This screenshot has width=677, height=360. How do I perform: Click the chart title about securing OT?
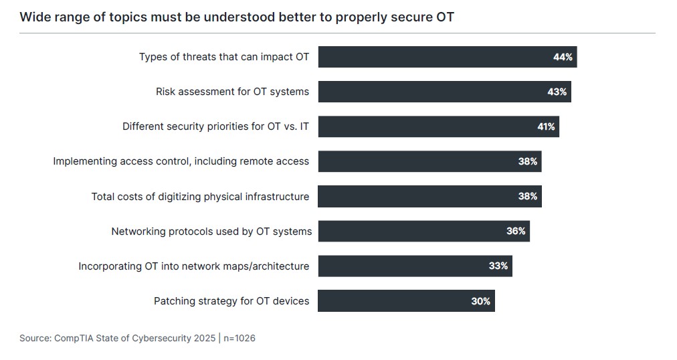(237, 17)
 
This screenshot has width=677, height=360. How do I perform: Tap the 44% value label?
(563, 57)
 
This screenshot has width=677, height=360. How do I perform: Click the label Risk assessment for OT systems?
(232, 92)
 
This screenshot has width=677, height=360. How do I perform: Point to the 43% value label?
(557, 92)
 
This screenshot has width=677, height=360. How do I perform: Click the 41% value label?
(546, 126)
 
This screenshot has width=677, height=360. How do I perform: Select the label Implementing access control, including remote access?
(181, 161)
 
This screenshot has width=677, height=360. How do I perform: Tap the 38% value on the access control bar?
(527, 161)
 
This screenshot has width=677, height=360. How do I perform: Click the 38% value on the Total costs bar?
(527, 196)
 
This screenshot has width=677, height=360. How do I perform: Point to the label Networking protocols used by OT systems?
(211, 232)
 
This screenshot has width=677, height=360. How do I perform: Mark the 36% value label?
(516, 232)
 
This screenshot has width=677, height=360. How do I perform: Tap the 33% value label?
(498, 266)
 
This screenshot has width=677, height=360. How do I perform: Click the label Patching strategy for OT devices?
(231, 301)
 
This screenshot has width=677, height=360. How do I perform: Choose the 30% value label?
(480, 301)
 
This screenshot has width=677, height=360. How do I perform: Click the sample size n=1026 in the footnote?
(239, 339)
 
